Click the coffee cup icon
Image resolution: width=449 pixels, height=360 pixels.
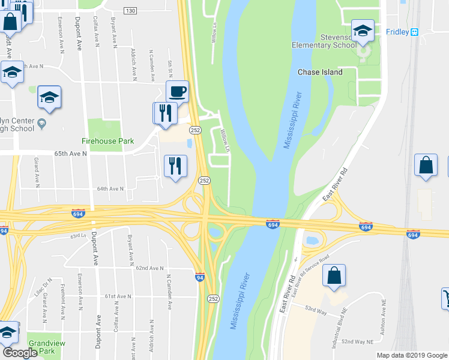coord(178,92)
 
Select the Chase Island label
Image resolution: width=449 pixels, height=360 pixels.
coord(320,72)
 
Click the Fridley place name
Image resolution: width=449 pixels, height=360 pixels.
coord(397,32)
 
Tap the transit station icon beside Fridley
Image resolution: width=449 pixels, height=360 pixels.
coord(414,32)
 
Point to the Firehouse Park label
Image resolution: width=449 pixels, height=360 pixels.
coord(106,142)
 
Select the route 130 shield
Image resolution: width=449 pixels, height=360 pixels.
coord(131,11)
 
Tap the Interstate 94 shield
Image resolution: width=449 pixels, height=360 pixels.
coord(200,277)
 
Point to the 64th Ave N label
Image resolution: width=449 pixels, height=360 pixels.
coord(110,188)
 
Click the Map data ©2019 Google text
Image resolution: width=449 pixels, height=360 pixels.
coord(411,355)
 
